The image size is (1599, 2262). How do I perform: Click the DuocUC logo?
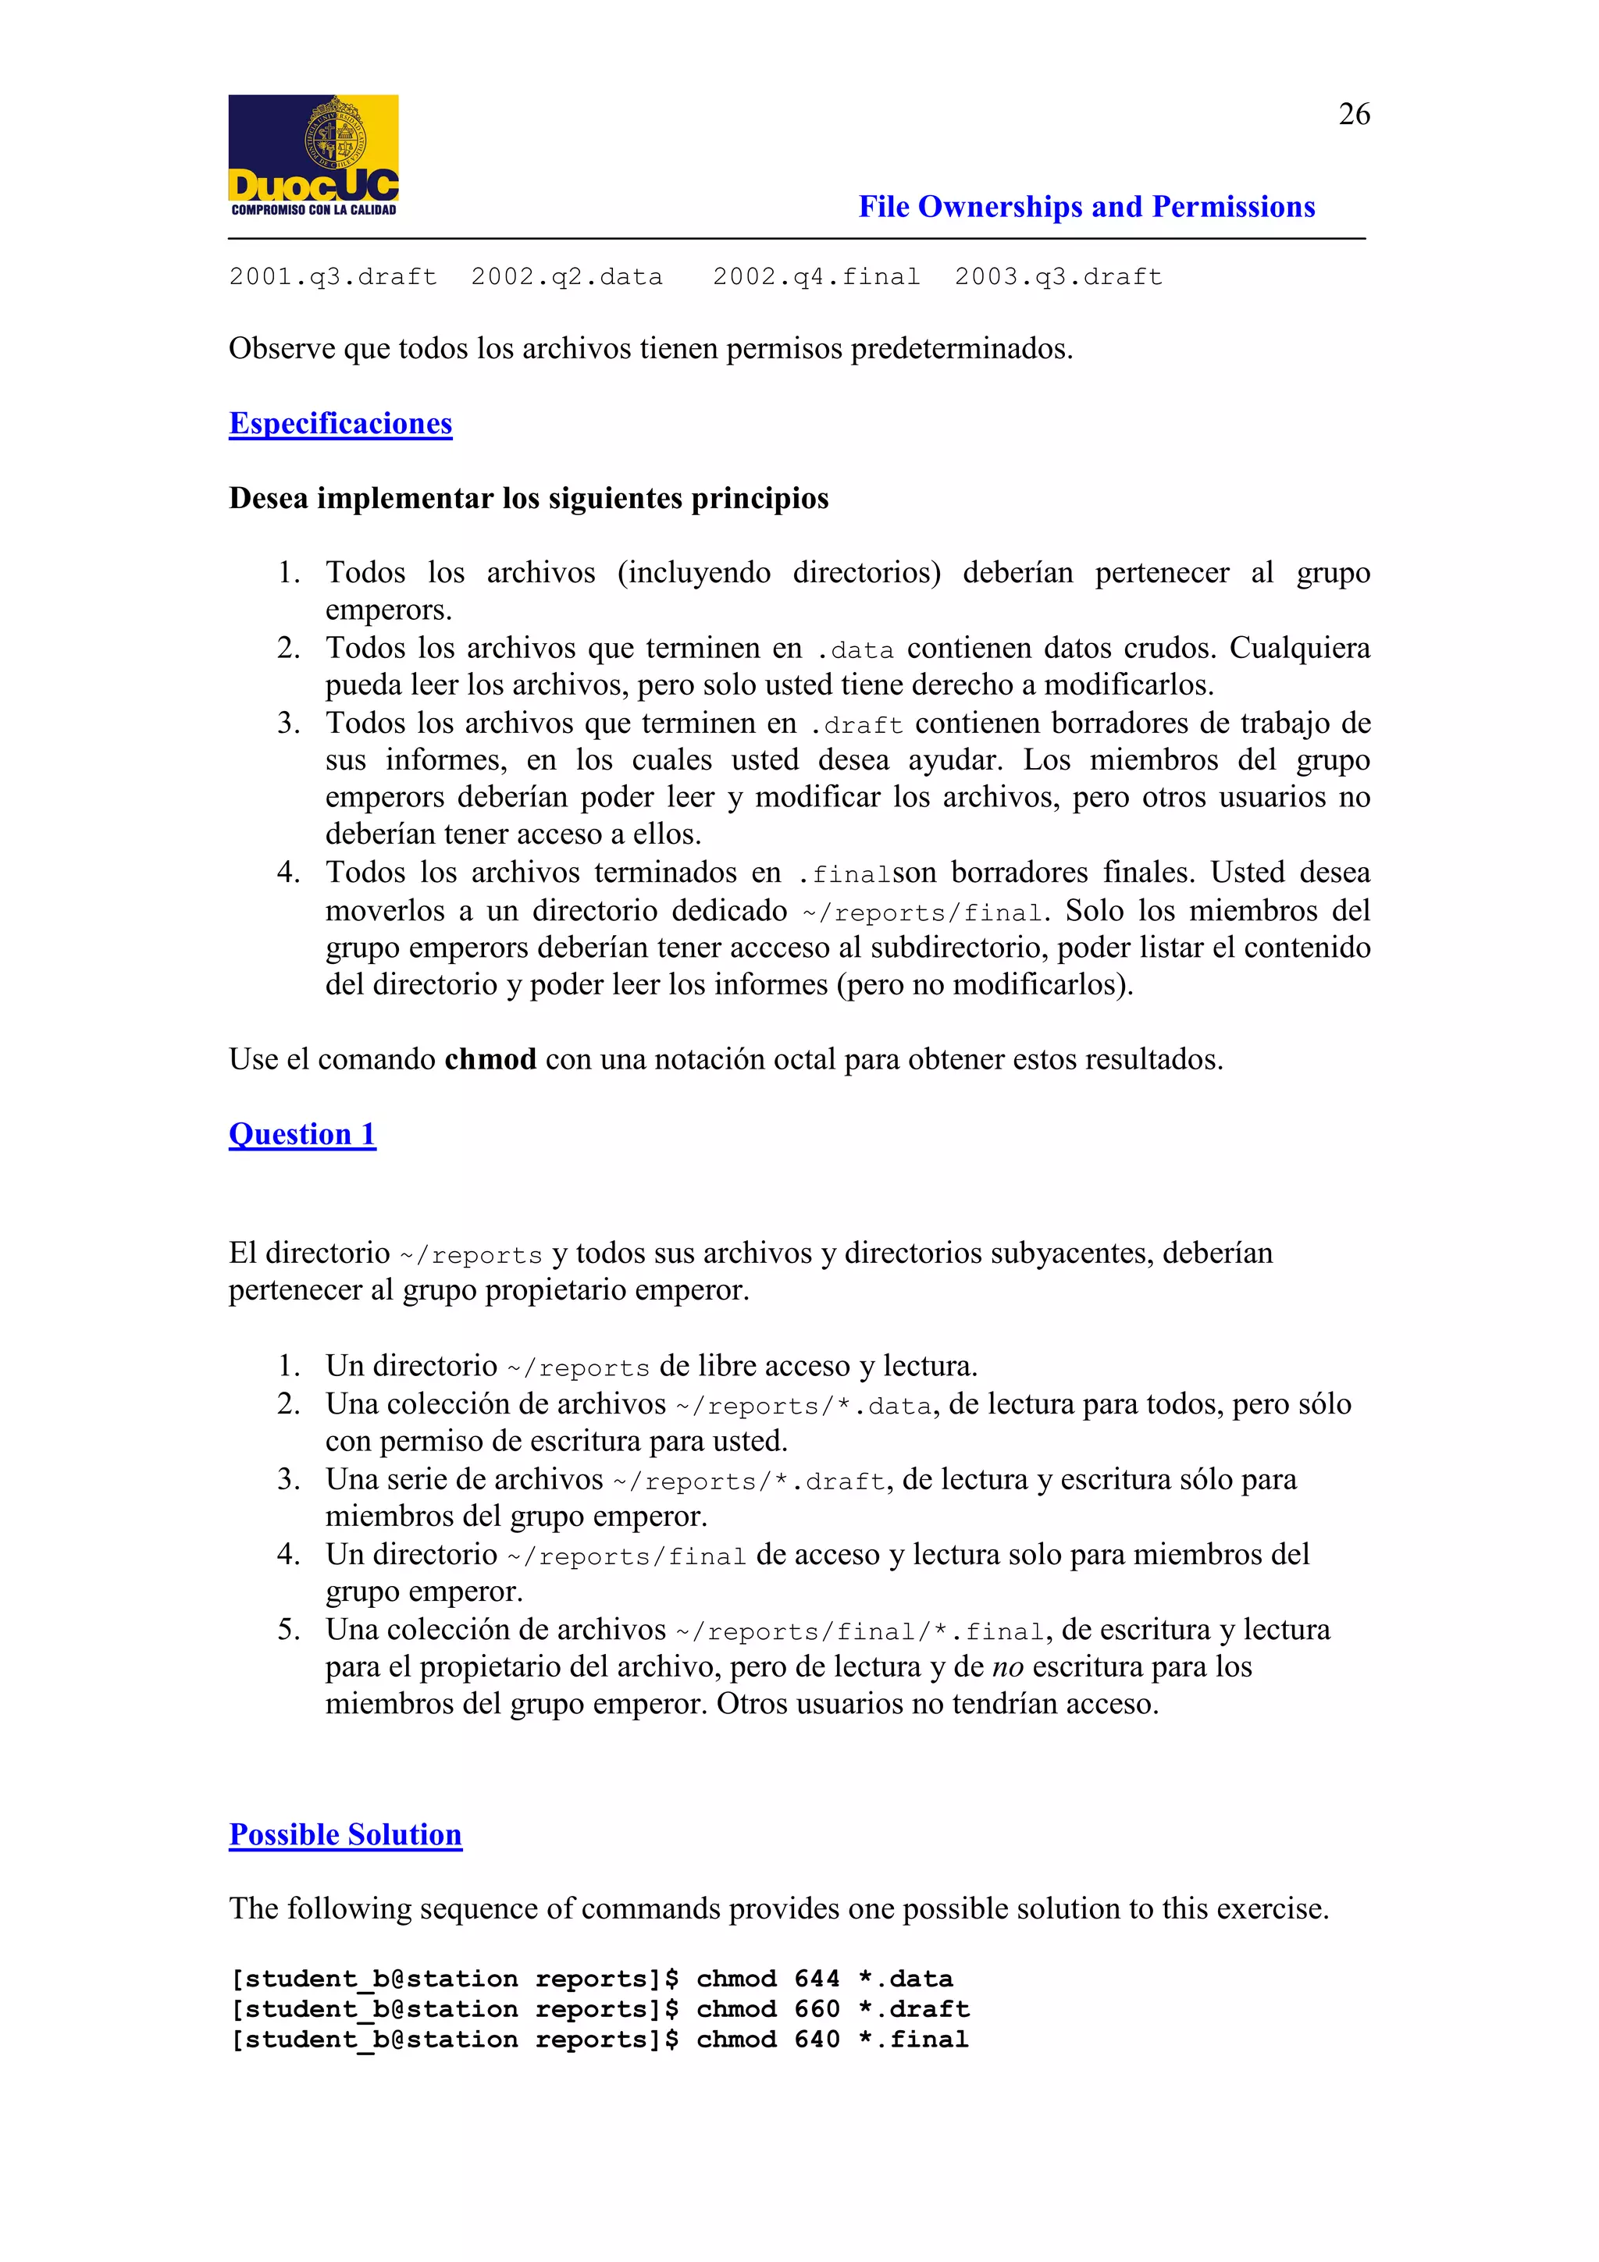tap(313, 155)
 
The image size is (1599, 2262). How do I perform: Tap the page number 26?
tap(1354, 114)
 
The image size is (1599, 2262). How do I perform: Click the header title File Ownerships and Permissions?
tap(1086, 207)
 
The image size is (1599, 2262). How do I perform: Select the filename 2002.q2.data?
tap(567, 277)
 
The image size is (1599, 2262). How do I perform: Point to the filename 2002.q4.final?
tap(816, 277)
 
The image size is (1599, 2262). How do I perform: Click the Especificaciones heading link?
tap(340, 424)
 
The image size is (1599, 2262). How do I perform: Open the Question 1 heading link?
tap(301, 1134)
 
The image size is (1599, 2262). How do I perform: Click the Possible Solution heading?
tap(345, 1834)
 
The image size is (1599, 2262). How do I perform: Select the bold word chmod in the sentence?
tap(490, 1059)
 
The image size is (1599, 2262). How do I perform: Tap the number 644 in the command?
tap(817, 1979)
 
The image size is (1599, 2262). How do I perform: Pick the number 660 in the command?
tap(817, 2009)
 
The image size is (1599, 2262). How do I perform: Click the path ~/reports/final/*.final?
tap(859, 1631)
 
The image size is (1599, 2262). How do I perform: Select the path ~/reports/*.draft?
tap(749, 1481)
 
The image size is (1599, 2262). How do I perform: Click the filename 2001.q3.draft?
tap(333, 277)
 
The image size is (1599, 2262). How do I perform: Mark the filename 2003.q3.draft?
tap(1058, 277)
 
